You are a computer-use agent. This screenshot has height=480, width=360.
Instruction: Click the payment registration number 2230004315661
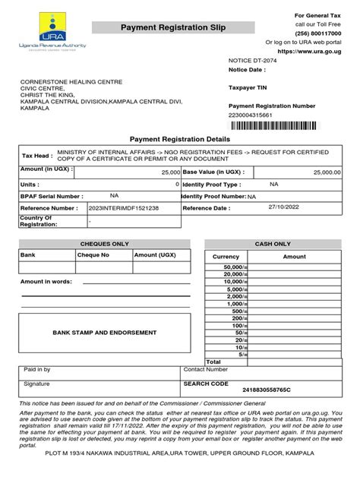coord(254,115)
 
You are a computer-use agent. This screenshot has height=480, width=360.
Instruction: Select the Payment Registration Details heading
coord(179,140)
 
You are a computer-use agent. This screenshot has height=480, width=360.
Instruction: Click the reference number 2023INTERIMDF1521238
coord(124,207)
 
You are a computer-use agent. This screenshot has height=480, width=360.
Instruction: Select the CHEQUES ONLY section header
coord(99,245)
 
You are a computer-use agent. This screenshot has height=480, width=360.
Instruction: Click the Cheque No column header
coord(93,255)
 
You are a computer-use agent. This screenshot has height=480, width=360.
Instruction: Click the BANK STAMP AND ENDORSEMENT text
coord(94,333)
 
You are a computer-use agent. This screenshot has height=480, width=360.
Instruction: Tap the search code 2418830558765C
coord(266,390)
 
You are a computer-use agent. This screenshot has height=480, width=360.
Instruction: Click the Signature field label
coord(36,384)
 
